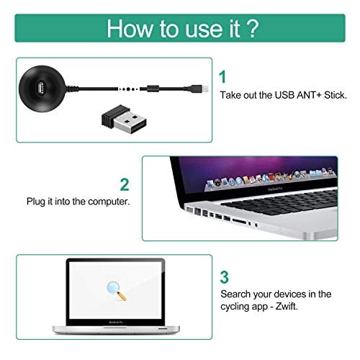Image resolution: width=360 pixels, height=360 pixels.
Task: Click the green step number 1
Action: (223, 76)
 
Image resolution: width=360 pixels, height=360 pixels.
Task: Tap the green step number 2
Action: (125, 184)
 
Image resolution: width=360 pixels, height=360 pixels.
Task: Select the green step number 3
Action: (224, 276)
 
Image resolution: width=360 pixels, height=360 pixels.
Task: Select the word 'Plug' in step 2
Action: (37, 202)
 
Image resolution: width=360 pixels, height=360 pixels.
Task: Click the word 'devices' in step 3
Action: (291, 294)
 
